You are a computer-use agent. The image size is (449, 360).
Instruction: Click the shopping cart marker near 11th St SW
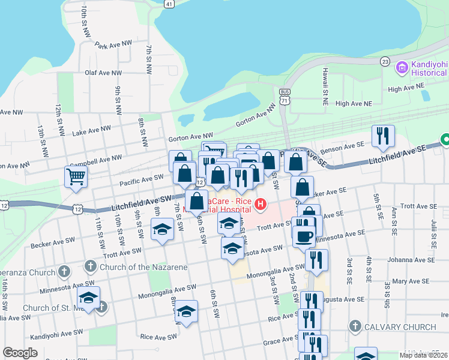point(76,176)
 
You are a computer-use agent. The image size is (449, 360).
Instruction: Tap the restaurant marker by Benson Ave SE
point(382,136)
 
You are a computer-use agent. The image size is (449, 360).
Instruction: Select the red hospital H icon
point(261,205)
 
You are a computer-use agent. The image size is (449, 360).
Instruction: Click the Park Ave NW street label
point(113,45)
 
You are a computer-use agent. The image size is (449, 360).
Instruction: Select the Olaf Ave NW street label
point(103,73)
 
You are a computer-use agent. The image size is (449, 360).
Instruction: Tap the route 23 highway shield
point(385,62)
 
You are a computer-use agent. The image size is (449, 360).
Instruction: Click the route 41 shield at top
point(169,4)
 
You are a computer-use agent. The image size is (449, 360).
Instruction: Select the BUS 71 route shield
point(285,97)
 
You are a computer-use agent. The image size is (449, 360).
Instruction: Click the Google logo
point(20,353)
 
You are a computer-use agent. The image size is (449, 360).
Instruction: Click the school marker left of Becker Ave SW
point(162,230)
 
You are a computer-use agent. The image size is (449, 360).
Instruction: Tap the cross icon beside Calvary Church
point(355,327)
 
